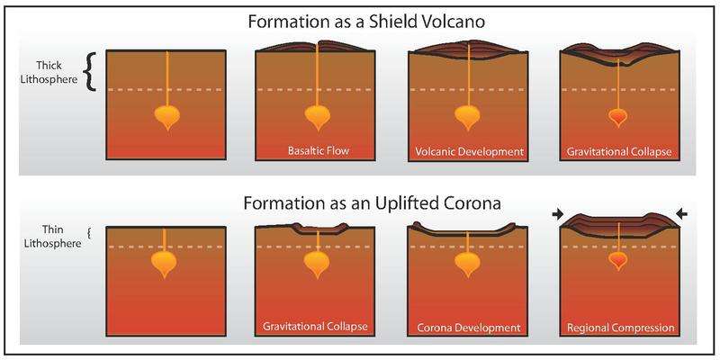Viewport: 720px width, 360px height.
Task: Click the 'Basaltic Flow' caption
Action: (x=316, y=150)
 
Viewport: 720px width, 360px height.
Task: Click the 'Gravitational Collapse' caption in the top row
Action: (x=616, y=150)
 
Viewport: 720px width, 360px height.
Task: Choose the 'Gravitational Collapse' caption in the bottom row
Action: (x=316, y=325)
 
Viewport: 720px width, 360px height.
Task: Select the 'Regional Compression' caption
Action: (x=616, y=325)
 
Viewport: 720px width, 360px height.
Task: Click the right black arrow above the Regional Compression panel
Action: (x=679, y=213)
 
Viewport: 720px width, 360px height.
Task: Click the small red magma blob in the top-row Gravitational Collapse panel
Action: (x=616, y=117)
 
